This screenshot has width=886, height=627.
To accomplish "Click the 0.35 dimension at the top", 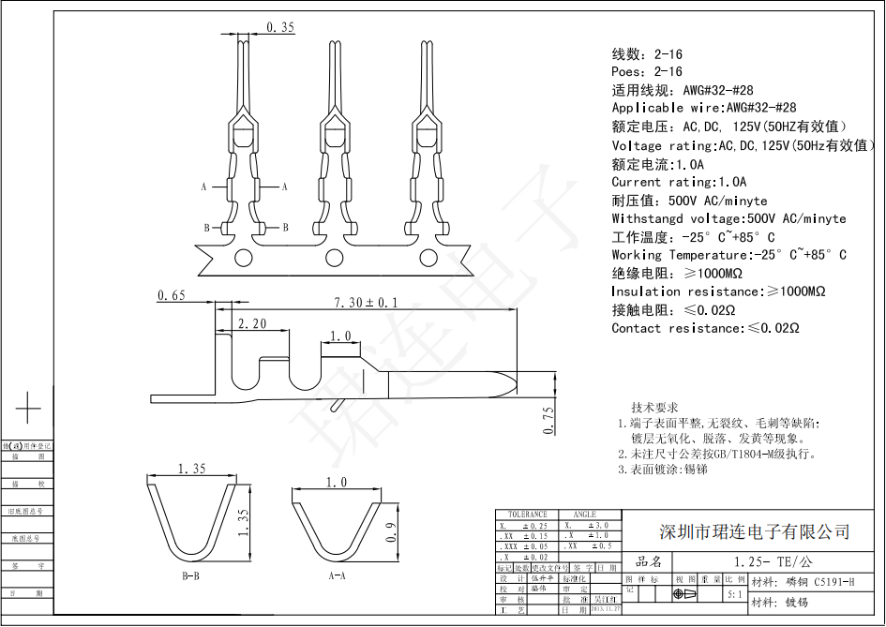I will [280, 27].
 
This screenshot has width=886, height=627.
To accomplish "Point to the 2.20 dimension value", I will [251, 324].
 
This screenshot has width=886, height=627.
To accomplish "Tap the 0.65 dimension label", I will [172, 296].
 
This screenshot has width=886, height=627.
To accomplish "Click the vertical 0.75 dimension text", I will [549, 419].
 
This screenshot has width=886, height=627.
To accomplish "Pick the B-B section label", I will [190, 575].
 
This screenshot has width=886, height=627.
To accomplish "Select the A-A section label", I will [338, 575].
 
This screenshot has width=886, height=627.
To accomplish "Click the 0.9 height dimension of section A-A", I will [393, 531].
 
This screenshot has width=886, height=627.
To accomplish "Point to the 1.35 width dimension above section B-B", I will [190, 468].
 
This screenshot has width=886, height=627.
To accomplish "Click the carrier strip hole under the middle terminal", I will [334, 258].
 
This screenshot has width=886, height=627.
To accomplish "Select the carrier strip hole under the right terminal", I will [427, 258].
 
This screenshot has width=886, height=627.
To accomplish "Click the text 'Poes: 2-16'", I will [647, 72].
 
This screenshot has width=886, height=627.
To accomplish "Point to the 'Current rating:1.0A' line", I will [679, 182].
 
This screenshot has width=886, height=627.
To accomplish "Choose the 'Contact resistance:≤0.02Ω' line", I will [705, 328].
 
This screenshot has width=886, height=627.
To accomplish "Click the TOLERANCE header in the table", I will [527, 515].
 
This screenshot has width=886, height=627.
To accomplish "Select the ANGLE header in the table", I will [584, 515].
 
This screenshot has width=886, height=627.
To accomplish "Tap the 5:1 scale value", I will [734, 594].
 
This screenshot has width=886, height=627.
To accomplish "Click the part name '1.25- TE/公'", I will [760, 561].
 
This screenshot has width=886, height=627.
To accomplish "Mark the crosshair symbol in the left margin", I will [28, 409].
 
